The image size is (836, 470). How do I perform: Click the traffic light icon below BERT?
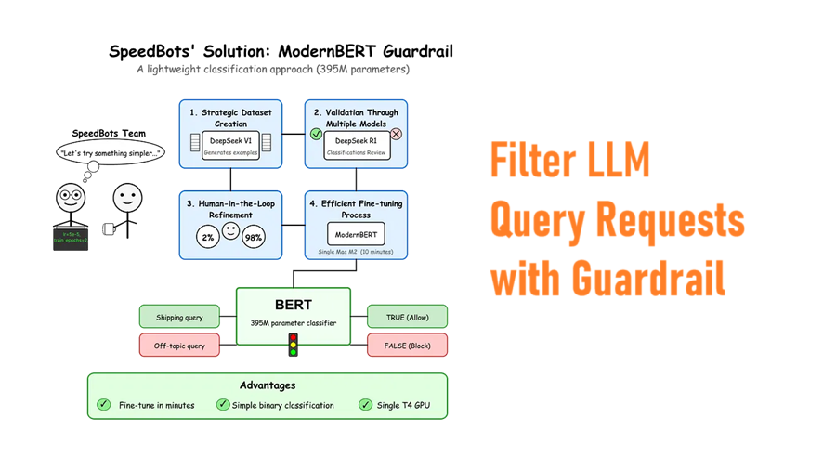point(294,345)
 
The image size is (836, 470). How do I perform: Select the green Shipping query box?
point(179,317)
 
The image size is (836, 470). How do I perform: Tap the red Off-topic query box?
point(179,346)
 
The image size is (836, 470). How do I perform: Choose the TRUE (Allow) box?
point(407,317)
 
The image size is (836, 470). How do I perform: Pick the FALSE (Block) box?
point(407,346)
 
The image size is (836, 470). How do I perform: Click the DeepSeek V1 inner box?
point(230,144)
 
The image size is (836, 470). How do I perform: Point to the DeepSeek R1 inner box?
point(357,144)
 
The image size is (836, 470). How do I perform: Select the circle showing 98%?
point(254,237)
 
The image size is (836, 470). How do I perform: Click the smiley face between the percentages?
point(230,229)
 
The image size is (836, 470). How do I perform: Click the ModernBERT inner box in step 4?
point(357,232)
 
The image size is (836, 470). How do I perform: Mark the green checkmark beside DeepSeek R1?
point(317,135)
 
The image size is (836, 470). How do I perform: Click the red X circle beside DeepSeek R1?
point(397,135)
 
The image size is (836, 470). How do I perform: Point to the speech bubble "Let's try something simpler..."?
point(110,151)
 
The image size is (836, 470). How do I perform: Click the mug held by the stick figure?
point(108,228)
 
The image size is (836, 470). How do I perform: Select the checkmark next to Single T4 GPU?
point(364,405)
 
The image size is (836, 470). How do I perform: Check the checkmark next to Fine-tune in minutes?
point(104,405)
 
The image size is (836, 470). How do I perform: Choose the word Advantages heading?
point(267,385)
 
